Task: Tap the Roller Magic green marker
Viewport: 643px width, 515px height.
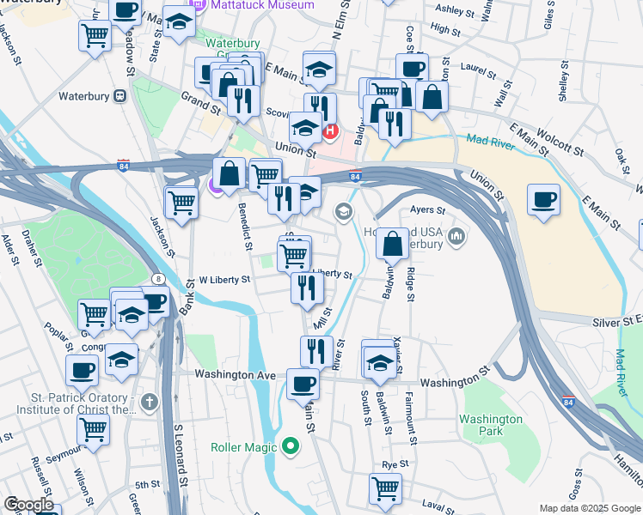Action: (x=291, y=446)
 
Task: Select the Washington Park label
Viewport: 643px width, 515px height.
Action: (x=491, y=425)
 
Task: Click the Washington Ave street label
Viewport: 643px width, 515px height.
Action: (x=235, y=375)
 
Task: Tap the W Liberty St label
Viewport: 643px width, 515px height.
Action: (x=224, y=280)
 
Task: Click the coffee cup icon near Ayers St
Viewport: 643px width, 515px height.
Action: (x=543, y=200)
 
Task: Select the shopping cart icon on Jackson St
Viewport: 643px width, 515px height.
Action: (x=182, y=203)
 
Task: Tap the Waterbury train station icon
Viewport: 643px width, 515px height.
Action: (x=119, y=96)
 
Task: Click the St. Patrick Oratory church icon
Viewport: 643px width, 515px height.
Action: (x=150, y=401)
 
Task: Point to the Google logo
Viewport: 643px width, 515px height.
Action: (x=28, y=505)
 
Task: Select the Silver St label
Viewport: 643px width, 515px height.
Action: (x=616, y=320)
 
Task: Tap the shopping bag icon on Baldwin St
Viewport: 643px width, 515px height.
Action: (x=392, y=245)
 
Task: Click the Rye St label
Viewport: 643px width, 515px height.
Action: (x=394, y=464)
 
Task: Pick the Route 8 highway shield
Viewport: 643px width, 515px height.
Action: (x=159, y=279)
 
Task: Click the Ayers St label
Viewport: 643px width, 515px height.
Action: (x=428, y=209)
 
